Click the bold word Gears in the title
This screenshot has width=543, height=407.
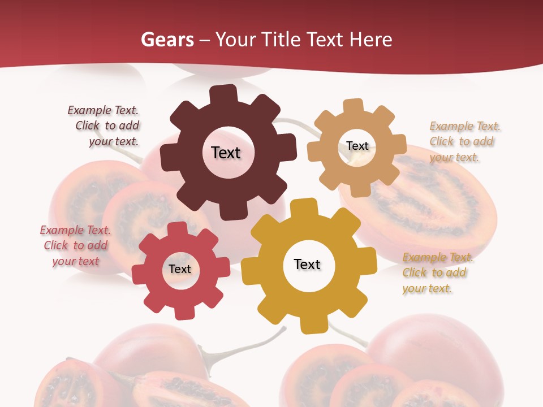pyautogui.click(x=166, y=40)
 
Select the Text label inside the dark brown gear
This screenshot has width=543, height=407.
pyautogui.click(x=226, y=153)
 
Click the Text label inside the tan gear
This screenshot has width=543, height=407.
pyautogui.click(x=357, y=146)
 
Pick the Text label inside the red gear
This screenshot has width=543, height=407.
pyautogui.click(x=180, y=269)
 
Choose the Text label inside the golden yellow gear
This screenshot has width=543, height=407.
pyautogui.click(x=307, y=264)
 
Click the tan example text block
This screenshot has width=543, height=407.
pyautogui.click(x=464, y=141)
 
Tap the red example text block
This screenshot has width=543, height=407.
pyautogui.click(x=75, y=245)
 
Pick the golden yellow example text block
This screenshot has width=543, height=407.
pyautogui.click(x=437, y=272)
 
